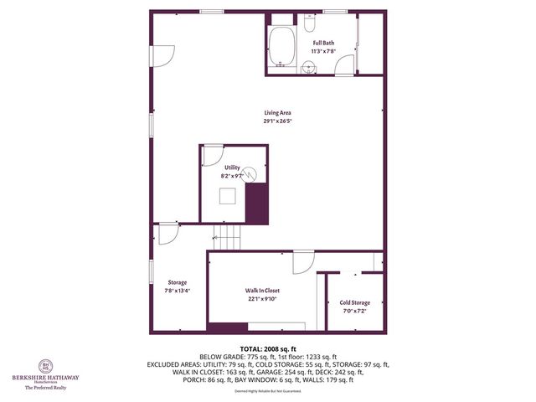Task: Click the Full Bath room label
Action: click(323, 43)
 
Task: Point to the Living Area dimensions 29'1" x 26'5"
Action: click(277, 121)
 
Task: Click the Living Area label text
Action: click(277, 113)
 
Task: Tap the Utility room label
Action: click(232, 168)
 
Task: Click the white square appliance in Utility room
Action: click(227, 197)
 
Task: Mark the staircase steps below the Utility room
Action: click(225, 238)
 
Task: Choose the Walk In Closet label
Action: click(262, 290)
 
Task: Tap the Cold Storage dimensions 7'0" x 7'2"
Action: click(354, 311)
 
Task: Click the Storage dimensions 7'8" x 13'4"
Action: click(177, 291)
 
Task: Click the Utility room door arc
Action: click(212, 154)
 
